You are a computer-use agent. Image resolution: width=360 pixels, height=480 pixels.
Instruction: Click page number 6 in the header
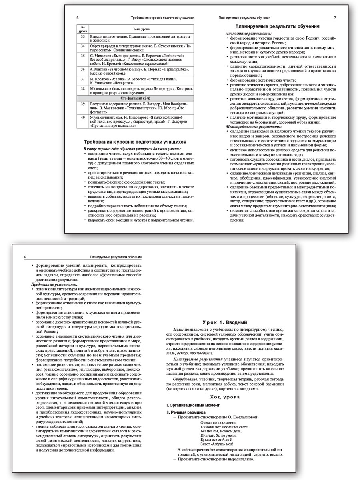pyautogui.click(x=78, y=18)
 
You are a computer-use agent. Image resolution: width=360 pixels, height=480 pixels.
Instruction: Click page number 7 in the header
pyautogui.click(x=334, y=18)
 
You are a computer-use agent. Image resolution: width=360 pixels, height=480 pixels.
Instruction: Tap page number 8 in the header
pyautogui.click(x=26, y=257)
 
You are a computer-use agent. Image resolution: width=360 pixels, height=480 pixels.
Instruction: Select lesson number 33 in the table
pyautogui.click(x=83, y=37)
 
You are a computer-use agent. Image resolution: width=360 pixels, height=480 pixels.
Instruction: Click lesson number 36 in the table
pyautogui.click(x=83, y=69)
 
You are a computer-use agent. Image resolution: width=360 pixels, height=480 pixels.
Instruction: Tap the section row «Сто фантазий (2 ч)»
pyautogui.click(x=135, y=98)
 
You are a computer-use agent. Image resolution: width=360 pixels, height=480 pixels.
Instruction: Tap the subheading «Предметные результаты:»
pyautogui.click(x=52, y=284)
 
